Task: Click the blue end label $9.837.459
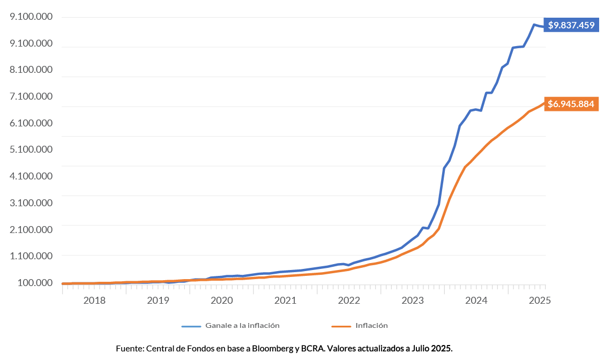(572, 25)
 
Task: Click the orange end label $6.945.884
(571, 104)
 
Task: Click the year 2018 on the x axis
(94, 301)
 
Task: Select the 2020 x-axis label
(221, 301)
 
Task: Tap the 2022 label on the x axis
(349, 301)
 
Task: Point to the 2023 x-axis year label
(413, 301)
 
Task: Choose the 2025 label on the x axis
(539, 301)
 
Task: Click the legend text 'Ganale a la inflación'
(242, 326)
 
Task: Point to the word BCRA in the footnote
(313, 348)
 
